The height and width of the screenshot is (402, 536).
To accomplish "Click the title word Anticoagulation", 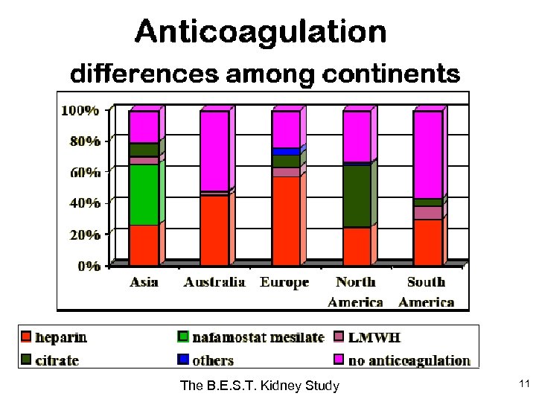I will [261, 32].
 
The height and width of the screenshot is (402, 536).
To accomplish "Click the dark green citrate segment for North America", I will [357, 195].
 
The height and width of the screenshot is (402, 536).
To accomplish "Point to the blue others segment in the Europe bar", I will [286, 151].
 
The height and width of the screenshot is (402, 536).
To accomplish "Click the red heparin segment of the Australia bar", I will [214, 229].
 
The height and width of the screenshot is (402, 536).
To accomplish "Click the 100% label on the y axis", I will [80, 111].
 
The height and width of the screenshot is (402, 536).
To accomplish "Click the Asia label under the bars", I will [144, 282].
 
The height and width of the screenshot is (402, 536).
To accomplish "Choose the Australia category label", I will [214, 282].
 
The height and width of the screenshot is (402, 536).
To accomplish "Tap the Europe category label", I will [284, 283].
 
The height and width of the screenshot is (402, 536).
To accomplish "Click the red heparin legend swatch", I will [26, 337].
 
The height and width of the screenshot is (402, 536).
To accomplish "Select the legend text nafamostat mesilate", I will [258, 337].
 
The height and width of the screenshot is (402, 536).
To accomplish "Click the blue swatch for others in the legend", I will [183, 360].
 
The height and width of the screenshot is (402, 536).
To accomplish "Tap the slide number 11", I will [523, 383].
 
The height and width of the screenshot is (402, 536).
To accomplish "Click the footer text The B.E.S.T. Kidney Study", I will [260, 385].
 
